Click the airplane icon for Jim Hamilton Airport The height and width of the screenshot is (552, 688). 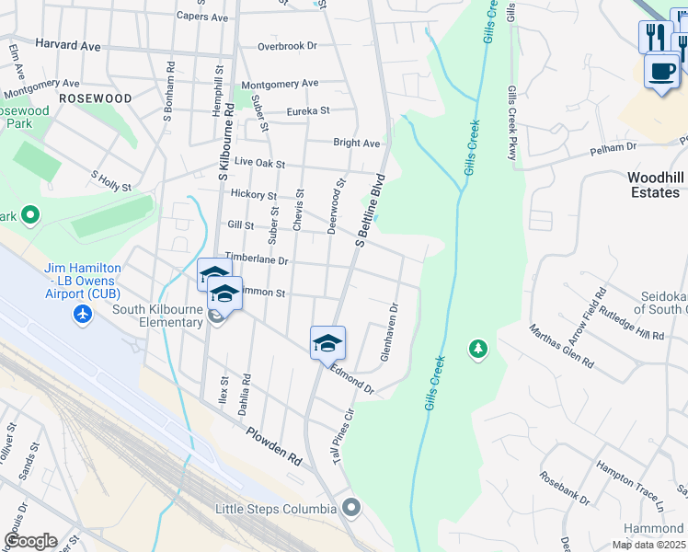point(84,315)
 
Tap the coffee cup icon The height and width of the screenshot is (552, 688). point(661,71)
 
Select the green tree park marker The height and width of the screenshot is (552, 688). point(477,349)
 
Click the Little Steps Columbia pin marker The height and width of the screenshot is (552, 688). point(350,508)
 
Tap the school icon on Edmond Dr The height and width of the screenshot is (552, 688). point(327,343)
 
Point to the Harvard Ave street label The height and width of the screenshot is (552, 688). point(67,43)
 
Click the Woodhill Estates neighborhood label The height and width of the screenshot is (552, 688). point(654,185)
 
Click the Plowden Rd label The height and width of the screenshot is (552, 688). point(274,445)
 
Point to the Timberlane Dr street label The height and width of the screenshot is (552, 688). point(257,260)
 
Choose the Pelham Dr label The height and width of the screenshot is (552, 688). point(619,147)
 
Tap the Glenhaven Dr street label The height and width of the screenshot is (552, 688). point(388,333)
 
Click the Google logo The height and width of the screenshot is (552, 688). point(29,541)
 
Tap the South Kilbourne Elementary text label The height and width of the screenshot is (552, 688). point(158,316)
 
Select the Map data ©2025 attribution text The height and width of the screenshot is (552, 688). point(649,545)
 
